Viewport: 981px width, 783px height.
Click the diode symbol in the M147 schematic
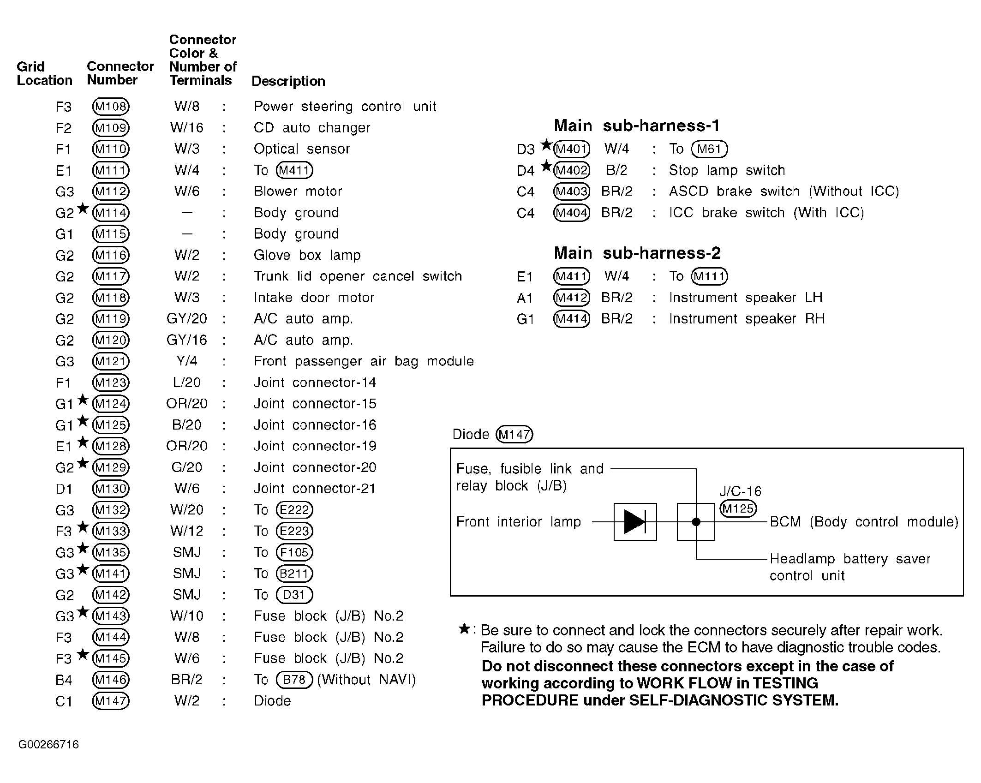pos(635,522)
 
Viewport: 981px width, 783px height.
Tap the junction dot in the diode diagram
pos(696,522)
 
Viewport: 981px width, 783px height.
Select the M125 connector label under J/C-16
pos(738,508)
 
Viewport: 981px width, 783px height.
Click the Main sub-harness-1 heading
pos(637,126)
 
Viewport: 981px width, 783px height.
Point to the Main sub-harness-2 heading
pos(637,253)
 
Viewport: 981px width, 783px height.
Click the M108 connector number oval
pos(111,107)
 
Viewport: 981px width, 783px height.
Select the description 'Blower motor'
pos(298,191)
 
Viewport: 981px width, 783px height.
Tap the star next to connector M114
pos(83,209)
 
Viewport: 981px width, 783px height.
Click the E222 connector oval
pos(294,510)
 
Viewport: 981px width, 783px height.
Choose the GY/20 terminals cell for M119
pos(187,319)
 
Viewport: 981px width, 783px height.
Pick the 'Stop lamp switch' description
pos(727,170)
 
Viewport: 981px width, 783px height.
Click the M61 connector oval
pos(709,149)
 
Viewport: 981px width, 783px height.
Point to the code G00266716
pos(48,745)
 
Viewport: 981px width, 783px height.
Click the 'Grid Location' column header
pos(44,73)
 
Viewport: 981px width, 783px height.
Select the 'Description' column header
pos(288,81)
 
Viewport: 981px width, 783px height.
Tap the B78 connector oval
pos(294,680)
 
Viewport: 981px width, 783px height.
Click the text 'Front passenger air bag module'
pos(364,361)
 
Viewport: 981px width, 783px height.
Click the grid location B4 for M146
pos(64,680)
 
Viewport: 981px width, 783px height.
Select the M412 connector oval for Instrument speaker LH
pos(571,298)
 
